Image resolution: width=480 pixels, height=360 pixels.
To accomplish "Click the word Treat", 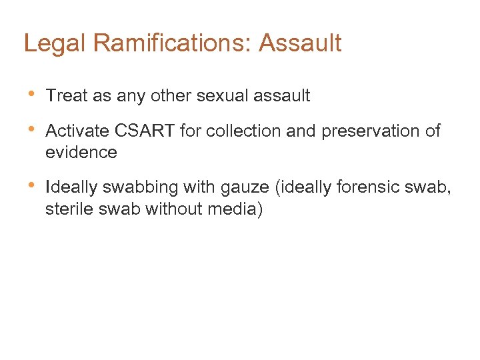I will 67,95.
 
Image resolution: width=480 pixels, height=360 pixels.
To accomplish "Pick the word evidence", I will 81,152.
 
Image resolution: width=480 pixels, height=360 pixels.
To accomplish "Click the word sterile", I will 68,209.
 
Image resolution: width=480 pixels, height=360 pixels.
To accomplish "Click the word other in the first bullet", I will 173,95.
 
